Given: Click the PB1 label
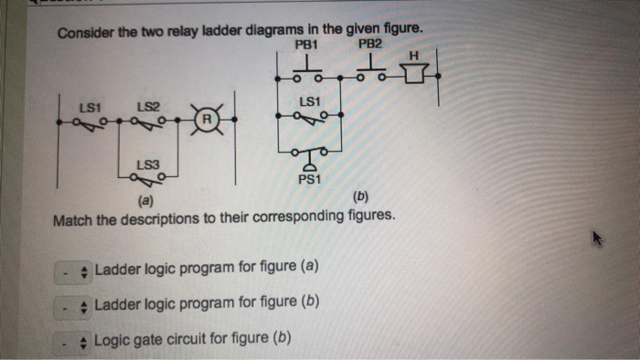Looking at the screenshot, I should [305, 45].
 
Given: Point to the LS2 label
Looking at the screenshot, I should [148, 108].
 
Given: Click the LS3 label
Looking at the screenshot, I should [148, 164].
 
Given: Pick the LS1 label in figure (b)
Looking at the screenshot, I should [309, 101].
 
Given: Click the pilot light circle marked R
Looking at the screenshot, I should [208, 120].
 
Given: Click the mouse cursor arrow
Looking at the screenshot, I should [596, 239].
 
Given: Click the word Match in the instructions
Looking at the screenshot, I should [74, 219].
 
